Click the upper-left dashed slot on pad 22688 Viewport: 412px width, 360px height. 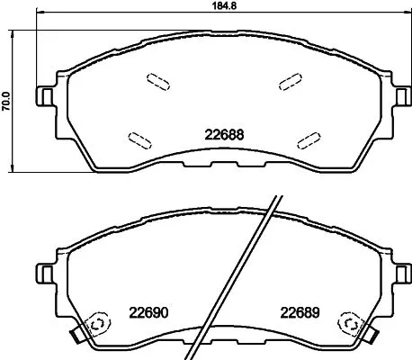(157, 82)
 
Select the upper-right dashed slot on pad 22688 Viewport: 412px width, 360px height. (290, 82)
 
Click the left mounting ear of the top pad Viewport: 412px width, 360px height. (41, 94)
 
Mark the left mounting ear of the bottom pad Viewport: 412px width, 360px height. (41, 270)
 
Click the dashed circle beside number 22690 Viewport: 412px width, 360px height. (95, 323)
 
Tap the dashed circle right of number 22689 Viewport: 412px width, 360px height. (347, 323)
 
